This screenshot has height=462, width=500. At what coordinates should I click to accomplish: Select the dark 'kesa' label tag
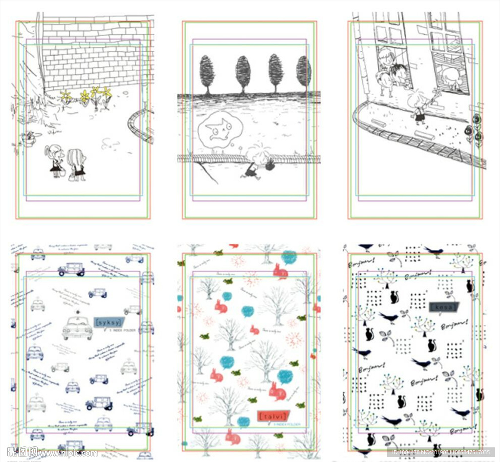point(443,307)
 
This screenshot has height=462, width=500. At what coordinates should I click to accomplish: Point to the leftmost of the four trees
point(207,73)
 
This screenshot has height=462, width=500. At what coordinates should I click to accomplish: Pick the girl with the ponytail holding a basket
point(55,160)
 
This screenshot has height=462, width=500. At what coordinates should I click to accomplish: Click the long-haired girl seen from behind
point(77,163)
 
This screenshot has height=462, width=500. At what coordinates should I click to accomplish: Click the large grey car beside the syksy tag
point(77,328)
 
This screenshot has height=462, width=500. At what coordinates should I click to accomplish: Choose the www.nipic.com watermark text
point(68,453)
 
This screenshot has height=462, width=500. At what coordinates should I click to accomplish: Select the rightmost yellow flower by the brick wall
point(106,93)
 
